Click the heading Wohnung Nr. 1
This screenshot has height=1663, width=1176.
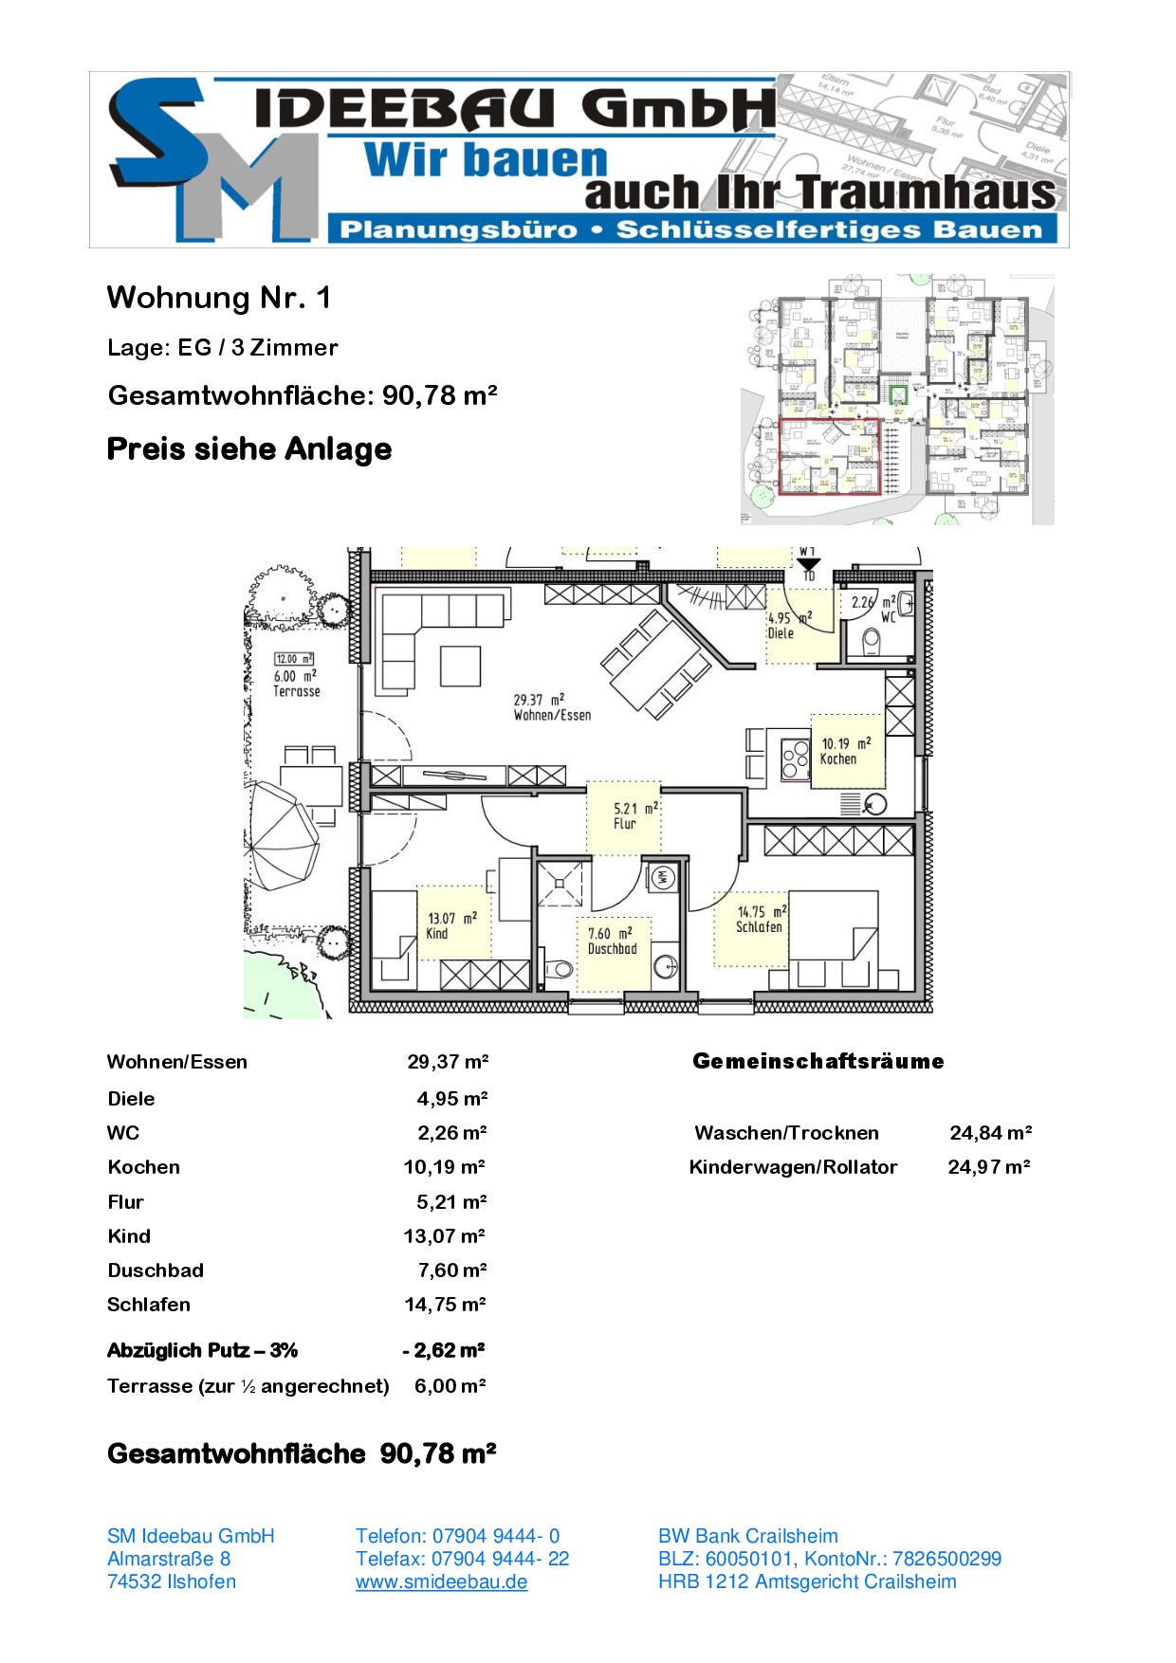pos(219,298)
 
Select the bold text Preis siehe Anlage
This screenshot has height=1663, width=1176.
pos(248,448)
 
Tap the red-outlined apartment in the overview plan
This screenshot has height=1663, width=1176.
pos(829,457)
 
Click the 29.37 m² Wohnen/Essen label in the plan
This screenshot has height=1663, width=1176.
pos(552,707)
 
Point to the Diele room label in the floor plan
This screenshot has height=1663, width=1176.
pos(781,633)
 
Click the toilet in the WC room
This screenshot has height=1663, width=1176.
pos(871,643)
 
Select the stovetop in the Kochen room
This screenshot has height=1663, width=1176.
pos(795,758)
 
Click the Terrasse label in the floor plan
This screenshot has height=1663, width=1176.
pos(296,691)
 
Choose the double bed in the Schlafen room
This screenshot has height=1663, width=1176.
pos(833,939)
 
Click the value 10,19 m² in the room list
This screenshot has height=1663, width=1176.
pos(444,1167)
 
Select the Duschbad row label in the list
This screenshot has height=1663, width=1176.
pos(156,1270)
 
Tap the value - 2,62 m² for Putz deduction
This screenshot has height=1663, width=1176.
pos(444,1350)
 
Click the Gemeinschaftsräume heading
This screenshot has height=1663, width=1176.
pos(818,1061)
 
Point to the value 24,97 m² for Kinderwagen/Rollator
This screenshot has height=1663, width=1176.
pos(988,1167)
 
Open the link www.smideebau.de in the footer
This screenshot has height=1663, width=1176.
pos(441,1581)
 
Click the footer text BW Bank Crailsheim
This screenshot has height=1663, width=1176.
pos(747,1536)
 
